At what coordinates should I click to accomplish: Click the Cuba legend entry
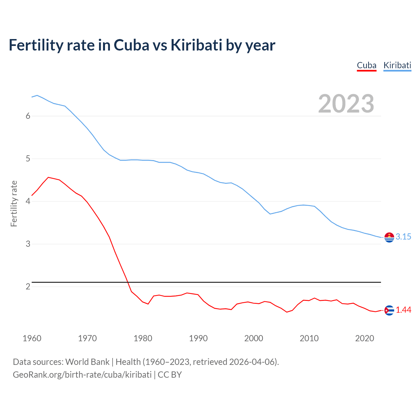[367, 65]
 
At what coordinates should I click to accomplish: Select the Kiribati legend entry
[397, 65]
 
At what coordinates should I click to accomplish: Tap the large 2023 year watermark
[346, 104]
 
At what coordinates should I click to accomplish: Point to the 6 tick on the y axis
[28, 116]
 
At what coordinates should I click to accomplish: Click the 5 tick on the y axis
[28, 159]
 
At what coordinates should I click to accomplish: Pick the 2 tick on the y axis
[28, 286]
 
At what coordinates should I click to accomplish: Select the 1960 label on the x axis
[32, 338]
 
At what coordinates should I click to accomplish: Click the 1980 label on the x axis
[143, 338]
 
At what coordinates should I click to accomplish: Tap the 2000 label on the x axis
[254, 338]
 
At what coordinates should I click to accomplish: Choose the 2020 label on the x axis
[365, 338]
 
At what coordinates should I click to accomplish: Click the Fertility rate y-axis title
[14, 203]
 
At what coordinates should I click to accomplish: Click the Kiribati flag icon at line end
[389, 237]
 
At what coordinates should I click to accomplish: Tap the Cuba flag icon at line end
[389, 310]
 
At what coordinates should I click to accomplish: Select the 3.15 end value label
[403, 237]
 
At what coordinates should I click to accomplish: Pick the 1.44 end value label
[403, 310]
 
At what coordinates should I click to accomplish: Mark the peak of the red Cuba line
[49, 177]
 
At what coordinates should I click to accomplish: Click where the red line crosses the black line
[128, 282]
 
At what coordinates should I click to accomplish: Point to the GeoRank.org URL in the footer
[82, 375]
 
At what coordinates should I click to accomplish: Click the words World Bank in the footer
[87, 362]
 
